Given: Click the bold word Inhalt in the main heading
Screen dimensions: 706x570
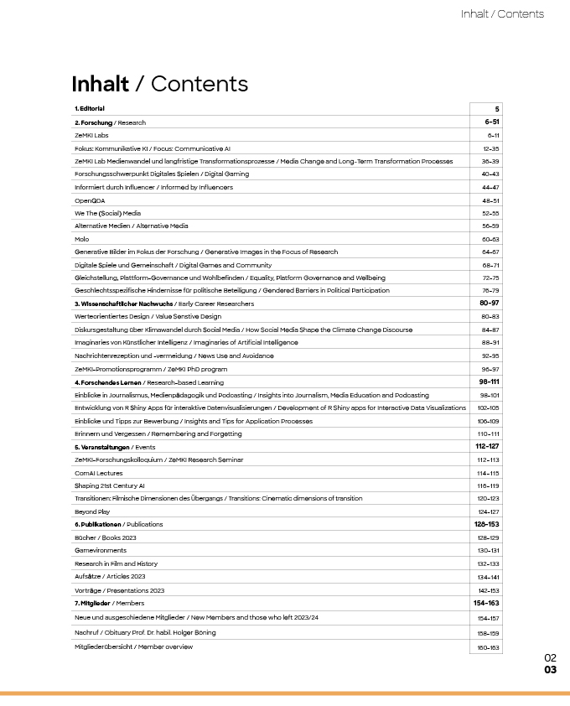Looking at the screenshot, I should click(101, 84).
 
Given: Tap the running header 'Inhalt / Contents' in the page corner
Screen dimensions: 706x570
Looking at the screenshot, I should click(502, 13).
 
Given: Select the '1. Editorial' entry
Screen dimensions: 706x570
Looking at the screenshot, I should click(90, 109).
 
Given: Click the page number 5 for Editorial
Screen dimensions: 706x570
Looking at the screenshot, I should click(496, 109).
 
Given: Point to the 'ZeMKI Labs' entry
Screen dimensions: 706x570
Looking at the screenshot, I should click(91, 135).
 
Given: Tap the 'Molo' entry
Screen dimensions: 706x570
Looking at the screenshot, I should click(82, 239).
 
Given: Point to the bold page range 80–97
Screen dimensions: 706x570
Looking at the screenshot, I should click(490, 303).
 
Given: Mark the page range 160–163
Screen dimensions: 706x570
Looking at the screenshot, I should click(489, 646).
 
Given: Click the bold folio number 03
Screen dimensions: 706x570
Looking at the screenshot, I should click(550, 670).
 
